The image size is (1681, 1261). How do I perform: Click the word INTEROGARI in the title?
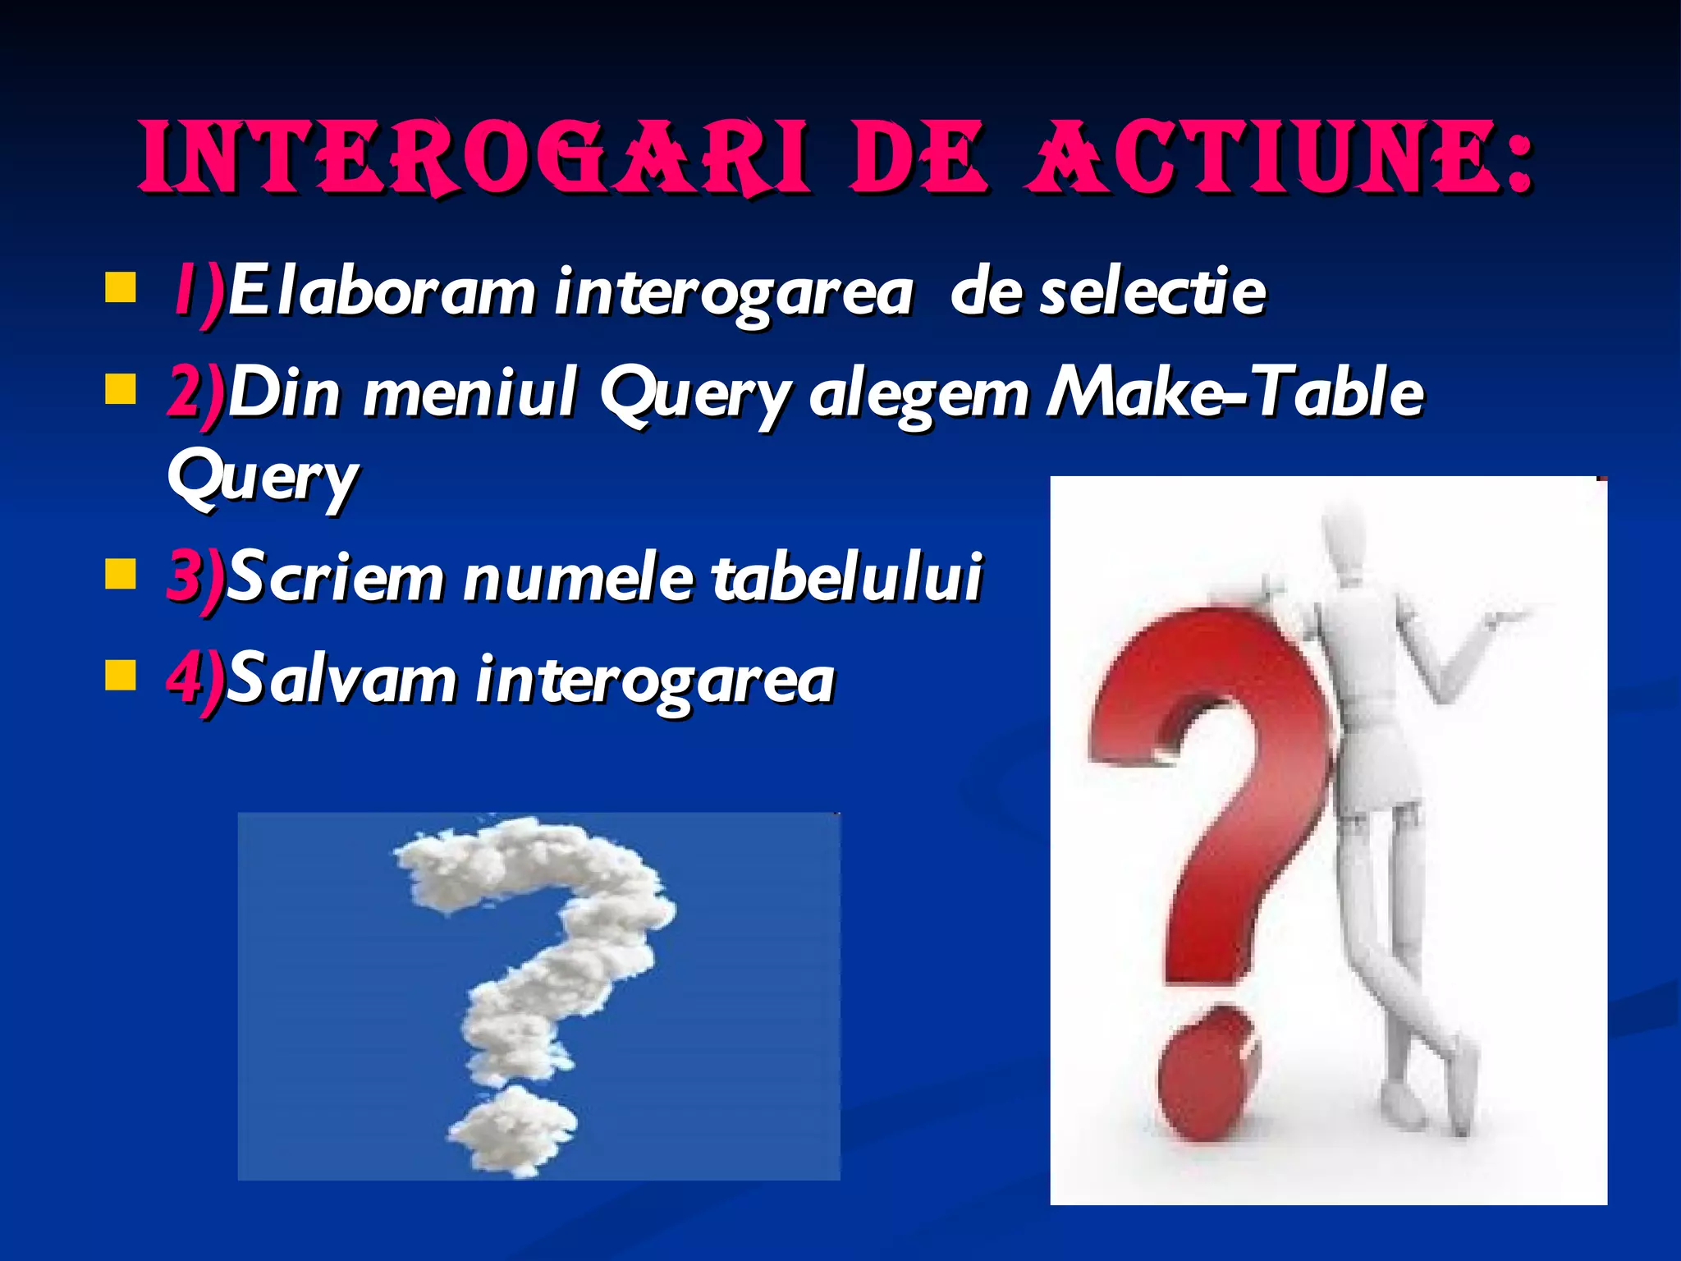pyautogui.click(x=474, y=158)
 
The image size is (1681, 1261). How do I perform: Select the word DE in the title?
pyautogui.click(x=918, y=158)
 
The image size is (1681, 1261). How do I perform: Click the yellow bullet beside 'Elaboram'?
pyautogui.click(x=121, y=289)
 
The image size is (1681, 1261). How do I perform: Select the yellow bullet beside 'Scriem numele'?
pyautogui.click(x=121, y=575)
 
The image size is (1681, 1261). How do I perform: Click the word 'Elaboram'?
pyautogui.click(x=382, y=293)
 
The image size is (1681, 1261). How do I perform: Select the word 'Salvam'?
pyautogui.click(x=341, y=680)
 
